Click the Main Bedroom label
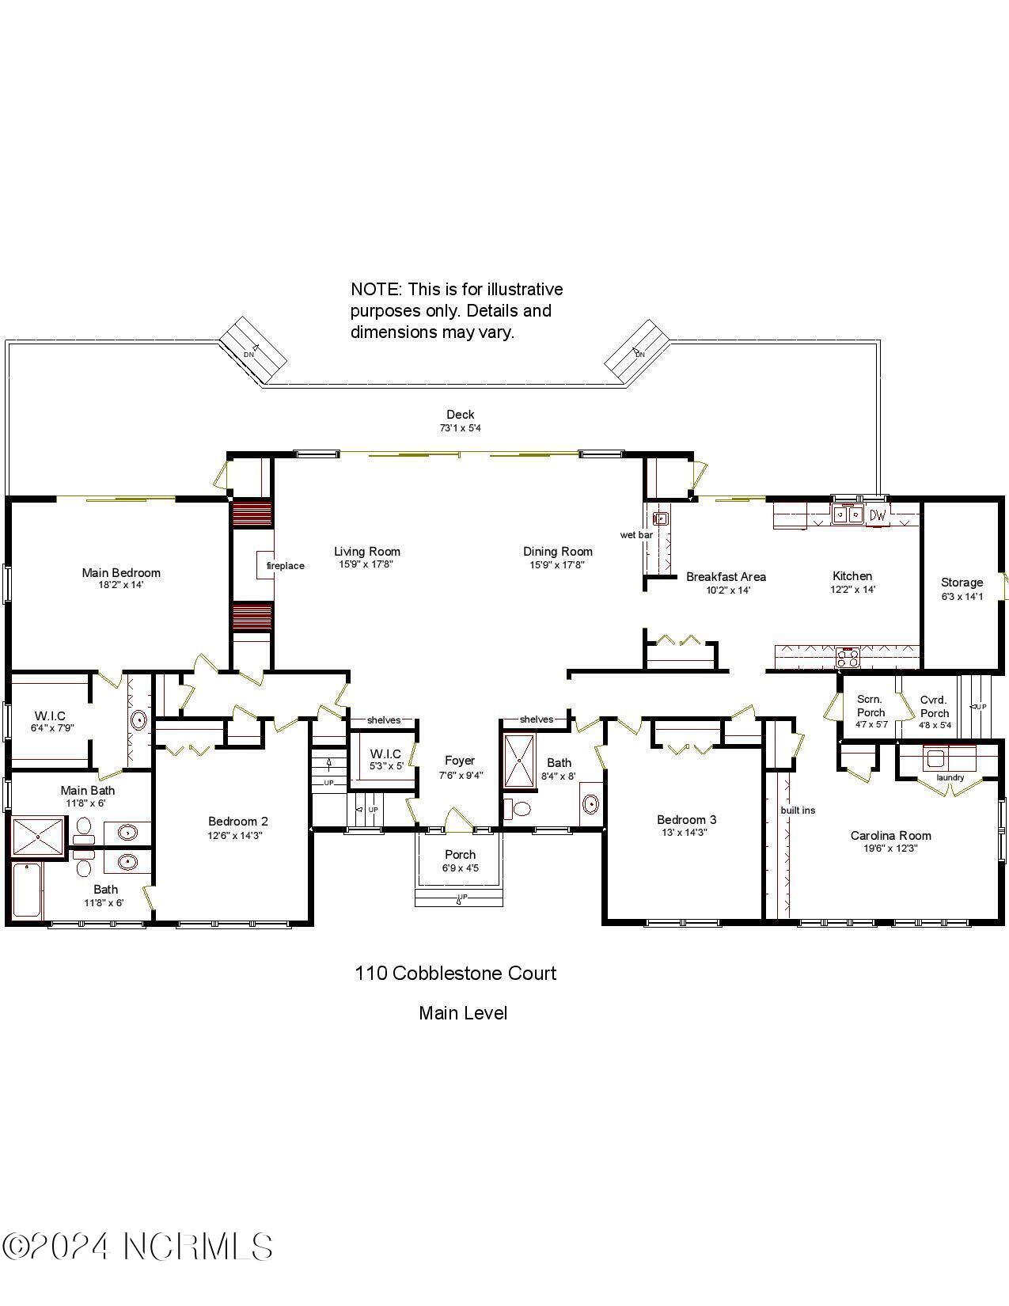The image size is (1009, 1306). tap(121, 572)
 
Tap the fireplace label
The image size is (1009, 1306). tap(285, 565)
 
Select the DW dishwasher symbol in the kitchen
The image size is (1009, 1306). tap(878, 515)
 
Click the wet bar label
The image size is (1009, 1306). tap(635, 535)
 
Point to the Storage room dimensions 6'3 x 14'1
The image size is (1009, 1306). tap(962, 596)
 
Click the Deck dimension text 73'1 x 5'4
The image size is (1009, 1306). tap(460, 428)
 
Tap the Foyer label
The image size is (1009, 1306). tap(459, 761)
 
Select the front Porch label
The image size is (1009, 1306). tap(460, 854)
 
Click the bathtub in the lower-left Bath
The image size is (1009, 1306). tap(26, 890)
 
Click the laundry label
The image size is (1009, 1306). tap(950, 777)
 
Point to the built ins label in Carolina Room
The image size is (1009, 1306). tap(797, 810)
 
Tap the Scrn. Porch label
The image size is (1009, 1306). tap(871, 705)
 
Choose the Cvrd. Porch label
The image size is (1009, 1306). tap(934, 706)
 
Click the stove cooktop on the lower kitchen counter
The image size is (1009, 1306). tap(848, 657)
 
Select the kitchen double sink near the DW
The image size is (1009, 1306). tap(848, 514)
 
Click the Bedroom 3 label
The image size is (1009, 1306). tap(686, 819)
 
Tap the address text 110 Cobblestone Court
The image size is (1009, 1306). tap(455, 973)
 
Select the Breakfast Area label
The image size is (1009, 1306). tap(726, 576)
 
